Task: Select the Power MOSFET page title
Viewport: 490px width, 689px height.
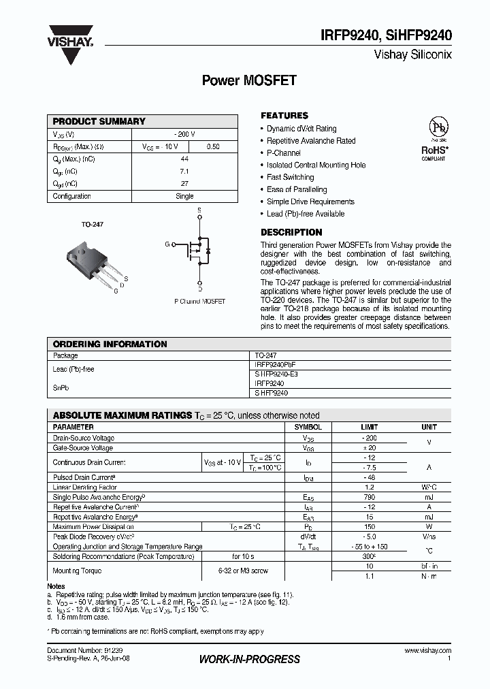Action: pyautogui.click(x=249, y=80)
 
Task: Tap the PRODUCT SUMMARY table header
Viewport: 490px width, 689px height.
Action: pyautogui.click(x=99, y=121)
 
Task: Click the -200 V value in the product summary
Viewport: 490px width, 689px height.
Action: pyautogui.click(x=184, y=134)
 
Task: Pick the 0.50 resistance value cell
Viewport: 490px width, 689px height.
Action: pyautogui.click(x=212, y=146)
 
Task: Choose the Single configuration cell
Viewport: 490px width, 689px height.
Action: pyautogui.click(x=184, y=196)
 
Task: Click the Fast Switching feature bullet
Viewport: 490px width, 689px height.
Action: pyautogui.click(x=290, y=177)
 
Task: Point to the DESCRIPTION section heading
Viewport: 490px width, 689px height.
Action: pyautogui.click(x=291, y=232)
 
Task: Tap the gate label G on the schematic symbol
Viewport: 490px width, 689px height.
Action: pyautogui.click(x=166, y=244)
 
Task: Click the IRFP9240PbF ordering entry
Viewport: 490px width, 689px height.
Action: pyautogui.click(x=276, y=365)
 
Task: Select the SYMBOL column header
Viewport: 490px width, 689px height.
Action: pyautogui.click(x=308, y=427)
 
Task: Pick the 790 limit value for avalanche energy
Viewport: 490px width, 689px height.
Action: pyautogui.click(x=370, y=497)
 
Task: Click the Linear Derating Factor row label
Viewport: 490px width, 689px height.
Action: pyautogui.click(x=85, y=487)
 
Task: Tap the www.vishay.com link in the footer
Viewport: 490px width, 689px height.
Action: pyautogui.click(x=427, y=651)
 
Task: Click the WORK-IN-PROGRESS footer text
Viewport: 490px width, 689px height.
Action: pyautogui.click(x=249, y=659)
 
